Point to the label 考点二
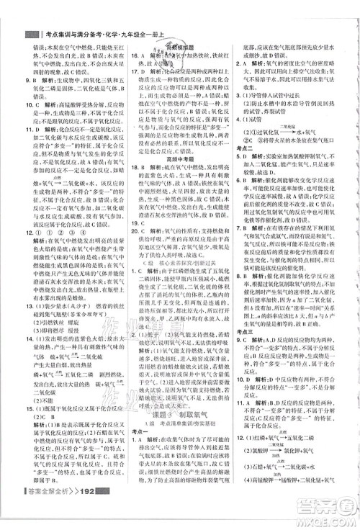click(x=249, y=147)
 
